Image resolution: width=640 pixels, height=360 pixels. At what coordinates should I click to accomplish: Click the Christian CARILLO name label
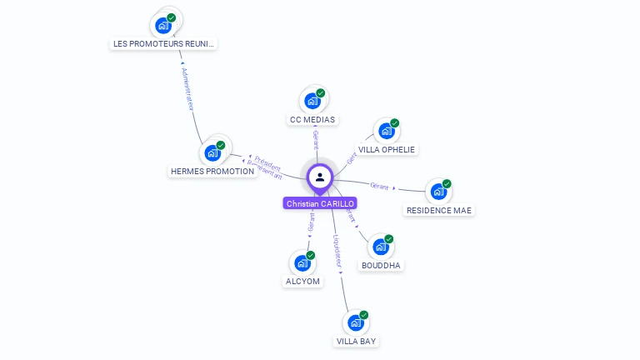[x=320, y=203]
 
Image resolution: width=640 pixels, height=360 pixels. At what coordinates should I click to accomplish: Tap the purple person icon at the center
[x=320, y=177]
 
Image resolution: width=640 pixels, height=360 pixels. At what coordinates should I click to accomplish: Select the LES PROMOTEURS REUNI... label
[x=164, y=43]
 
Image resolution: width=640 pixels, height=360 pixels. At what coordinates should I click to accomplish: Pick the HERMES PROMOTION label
[x=212, y=172]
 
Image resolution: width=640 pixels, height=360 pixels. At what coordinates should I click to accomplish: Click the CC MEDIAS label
[x=312, y=120]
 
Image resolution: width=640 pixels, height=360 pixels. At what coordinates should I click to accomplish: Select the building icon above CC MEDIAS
[x=312, y=101]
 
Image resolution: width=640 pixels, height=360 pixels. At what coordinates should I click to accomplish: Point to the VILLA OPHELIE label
[x=387, y=150]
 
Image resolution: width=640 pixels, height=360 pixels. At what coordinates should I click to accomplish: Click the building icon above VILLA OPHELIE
[x=386, y=131]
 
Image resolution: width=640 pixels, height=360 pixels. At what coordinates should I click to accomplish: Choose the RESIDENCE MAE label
[x=439, y=211]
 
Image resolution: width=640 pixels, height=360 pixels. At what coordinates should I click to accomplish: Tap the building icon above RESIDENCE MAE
[x=438, y=192]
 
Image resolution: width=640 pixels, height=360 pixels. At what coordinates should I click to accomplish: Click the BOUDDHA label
[x=381, y=266]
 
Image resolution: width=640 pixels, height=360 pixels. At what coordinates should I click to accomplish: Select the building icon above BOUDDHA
[x=380, y=247]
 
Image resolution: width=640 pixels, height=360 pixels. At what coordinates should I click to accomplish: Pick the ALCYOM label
[x=302, y=282]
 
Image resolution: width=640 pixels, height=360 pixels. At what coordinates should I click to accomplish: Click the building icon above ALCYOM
[x=302, y=263]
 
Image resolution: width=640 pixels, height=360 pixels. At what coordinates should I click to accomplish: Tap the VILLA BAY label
[x=356, y=342]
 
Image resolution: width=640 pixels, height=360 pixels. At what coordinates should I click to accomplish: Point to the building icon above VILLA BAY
[x=356, y=322]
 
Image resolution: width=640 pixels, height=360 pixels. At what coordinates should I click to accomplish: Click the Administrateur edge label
[x=187, y=89]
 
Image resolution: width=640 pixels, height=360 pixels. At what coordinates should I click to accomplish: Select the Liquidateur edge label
[x=337, y=249]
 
